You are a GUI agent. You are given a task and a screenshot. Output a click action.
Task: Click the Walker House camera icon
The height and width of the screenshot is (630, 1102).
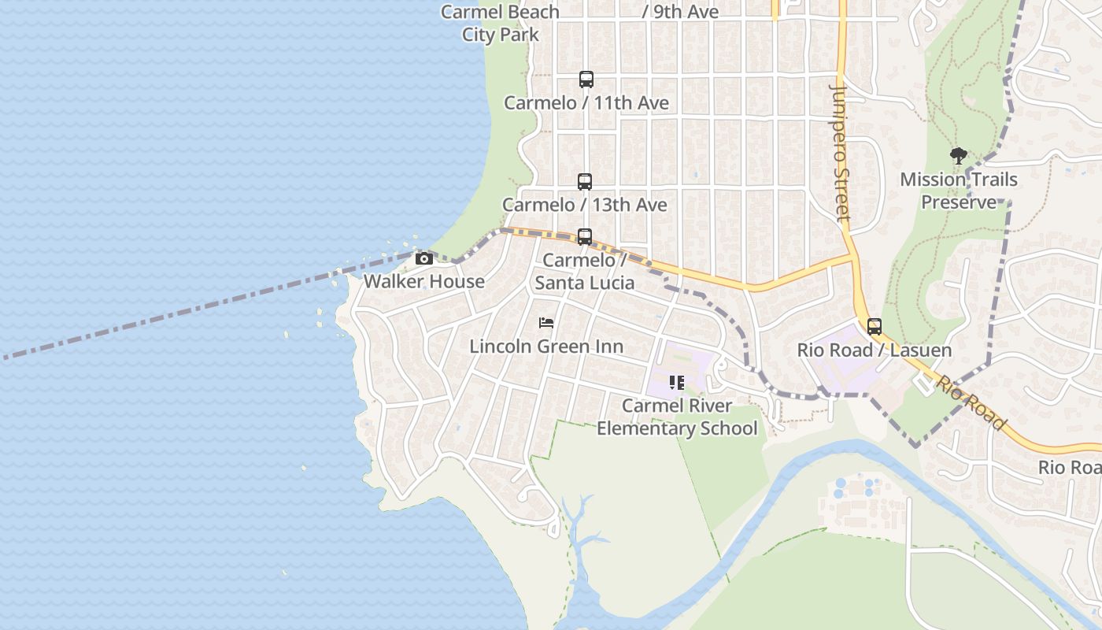coord(424,258)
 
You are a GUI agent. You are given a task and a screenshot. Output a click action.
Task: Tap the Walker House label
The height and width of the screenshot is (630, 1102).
coord(424,281)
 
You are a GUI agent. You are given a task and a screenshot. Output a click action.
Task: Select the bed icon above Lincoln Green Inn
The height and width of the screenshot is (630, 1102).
coord(546,323)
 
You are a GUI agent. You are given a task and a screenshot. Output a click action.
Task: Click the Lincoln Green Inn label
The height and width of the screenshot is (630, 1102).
coord(546,346)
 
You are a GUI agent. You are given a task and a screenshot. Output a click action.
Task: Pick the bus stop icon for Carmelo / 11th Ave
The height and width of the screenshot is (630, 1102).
coord(586,80)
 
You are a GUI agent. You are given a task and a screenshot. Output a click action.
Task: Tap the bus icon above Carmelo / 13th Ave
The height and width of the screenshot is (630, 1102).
coord(585,182)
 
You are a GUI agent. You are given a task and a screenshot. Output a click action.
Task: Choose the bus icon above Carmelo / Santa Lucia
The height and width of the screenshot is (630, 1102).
coord(585,237)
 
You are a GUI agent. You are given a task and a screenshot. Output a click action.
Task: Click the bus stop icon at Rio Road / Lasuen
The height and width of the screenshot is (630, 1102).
coord(875,327)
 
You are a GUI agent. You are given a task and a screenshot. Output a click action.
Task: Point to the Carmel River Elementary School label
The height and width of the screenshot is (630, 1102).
coord(677,417)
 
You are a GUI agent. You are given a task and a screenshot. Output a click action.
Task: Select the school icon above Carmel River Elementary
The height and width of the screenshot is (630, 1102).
coord(677,383)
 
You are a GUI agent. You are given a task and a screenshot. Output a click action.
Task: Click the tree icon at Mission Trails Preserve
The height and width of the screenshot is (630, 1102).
coord(958,156)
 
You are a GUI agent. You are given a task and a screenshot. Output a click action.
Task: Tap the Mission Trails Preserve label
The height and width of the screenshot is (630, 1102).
coord(959,191)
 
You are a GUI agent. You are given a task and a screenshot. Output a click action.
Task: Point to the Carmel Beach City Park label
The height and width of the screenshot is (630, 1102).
coord(500,23)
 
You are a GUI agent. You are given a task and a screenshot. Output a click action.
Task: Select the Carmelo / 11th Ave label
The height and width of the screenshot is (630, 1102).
coord(586,103)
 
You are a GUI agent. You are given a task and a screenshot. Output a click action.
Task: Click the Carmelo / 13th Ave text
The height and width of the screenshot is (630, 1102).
coord(585,205)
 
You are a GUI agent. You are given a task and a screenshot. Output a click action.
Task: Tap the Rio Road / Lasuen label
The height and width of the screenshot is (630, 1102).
coord(875,350)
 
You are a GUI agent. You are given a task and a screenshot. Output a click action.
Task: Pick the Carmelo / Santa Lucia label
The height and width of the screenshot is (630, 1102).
coord(585,271)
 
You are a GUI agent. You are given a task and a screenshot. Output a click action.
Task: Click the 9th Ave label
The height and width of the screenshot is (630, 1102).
coord(681,12)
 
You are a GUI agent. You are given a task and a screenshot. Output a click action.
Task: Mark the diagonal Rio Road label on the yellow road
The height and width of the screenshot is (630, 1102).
coord(971,402)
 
